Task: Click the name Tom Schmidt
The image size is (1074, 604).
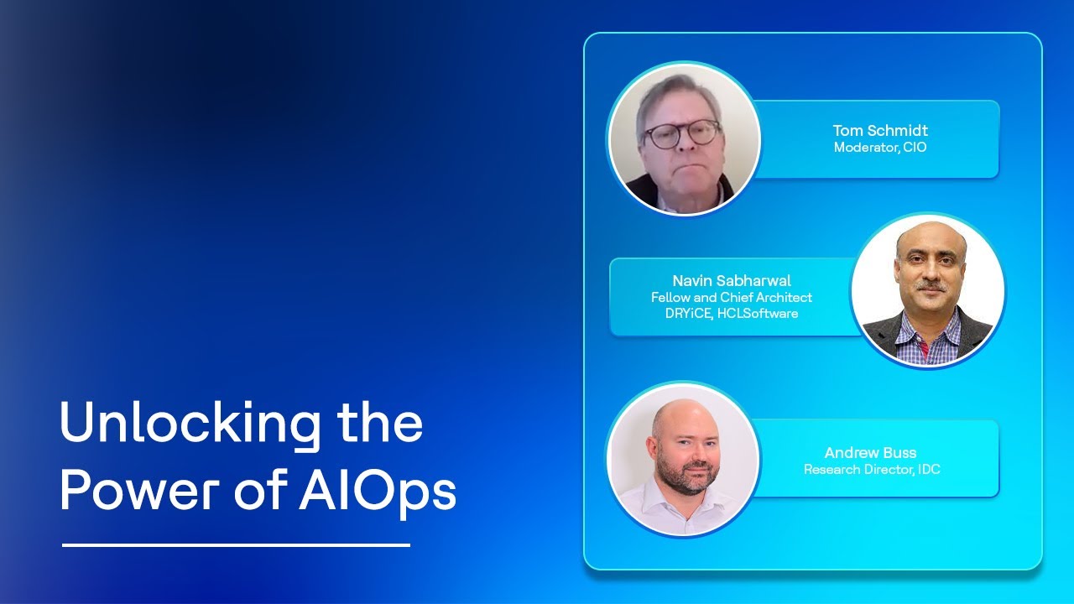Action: point(880,130)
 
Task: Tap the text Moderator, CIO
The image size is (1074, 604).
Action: point(880,148)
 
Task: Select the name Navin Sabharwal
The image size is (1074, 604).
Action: point(731,280)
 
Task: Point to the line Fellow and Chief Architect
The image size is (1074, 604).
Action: point(731,297)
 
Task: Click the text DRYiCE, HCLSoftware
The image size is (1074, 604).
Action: point(731,314)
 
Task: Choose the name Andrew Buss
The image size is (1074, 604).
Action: point(870,453)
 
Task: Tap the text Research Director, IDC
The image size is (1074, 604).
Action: point(872,470)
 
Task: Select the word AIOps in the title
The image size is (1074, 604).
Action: point(378,491)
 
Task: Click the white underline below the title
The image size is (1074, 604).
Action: point(236,545)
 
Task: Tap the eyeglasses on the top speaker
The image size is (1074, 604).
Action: point(682,133)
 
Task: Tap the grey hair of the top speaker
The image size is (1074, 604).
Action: point(671,94)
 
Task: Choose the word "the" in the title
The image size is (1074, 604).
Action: point(379,424)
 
